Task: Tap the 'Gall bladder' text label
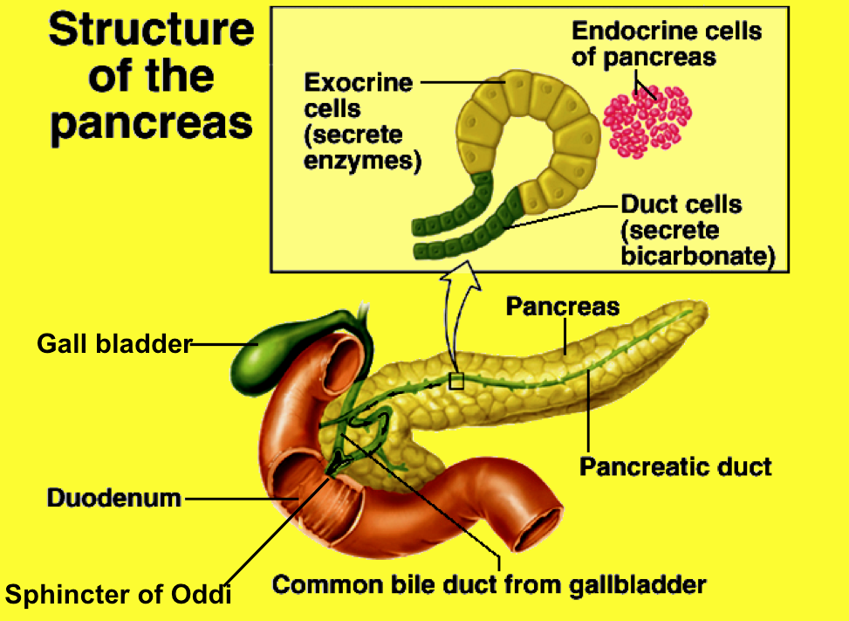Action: pos(113,344)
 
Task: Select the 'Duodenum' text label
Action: pos(114,499)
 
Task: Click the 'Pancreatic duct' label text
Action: pos(675,466)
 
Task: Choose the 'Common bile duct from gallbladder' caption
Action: pos(489,583)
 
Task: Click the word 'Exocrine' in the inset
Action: pos(358,83)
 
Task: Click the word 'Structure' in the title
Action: pos(151,31)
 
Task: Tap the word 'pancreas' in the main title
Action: pos(151,123)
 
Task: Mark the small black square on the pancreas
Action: pos(455,380)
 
